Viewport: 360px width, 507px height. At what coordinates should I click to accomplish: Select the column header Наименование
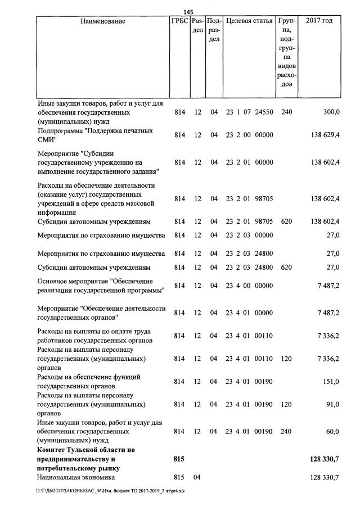pos(102,21)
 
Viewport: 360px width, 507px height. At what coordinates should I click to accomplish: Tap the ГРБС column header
pos(179,21)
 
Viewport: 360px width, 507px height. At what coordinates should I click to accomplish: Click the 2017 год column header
pos(319,21)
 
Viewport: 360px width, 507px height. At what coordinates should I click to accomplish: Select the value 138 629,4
pos(325,135)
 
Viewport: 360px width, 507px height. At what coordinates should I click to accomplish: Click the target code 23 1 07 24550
pos(249,112)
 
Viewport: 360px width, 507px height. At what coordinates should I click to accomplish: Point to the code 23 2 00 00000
pos(249,135)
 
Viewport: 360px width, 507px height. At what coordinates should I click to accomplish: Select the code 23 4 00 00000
pos(249,286)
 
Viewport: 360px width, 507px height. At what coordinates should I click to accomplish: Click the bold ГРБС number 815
pos(179,459)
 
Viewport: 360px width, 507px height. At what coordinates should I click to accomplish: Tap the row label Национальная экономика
pos(76,478)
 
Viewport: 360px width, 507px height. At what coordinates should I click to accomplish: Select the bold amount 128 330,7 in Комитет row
pos(324,459)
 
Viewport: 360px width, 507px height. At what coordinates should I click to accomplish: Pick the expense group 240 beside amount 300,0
pos(286,112)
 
